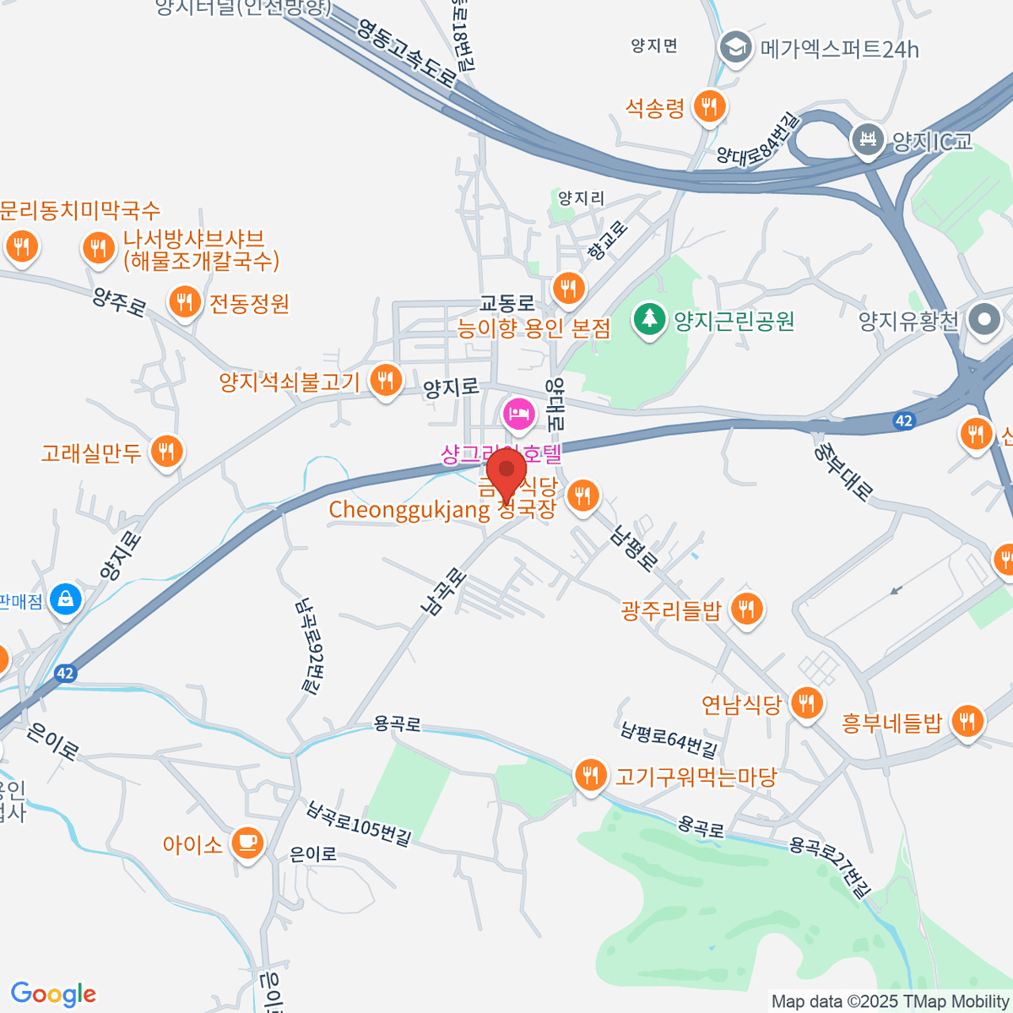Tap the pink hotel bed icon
[x=518, y=414]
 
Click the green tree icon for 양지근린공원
[x=649, y=320]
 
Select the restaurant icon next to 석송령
[x=709, y=106]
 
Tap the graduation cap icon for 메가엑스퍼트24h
[x=735, y=48]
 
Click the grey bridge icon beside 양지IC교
[x=867, y=139]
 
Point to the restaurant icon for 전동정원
[x=184, y=301]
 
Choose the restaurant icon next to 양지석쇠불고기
[x=386, y=380]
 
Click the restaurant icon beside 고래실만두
[x=166, y=452]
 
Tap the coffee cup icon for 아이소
[x=246, y=842]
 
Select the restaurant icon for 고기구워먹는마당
[x=590, y=775]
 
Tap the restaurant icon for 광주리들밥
[x=746, y=608]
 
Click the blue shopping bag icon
[x=66, y=600]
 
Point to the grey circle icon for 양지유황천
[x=984, y=320]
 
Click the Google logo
[x=53, y=994]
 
